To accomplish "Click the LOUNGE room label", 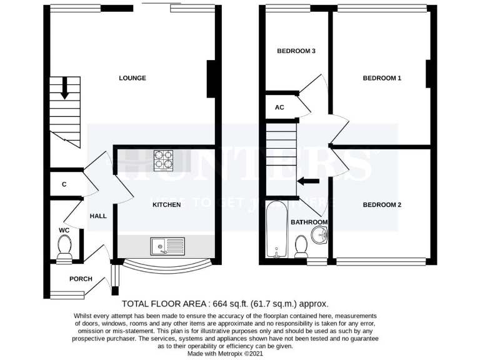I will pos(132,78).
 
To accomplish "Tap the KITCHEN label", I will pos(167,204).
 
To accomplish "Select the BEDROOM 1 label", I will pos(382,78).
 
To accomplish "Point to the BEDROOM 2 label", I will pos(382,204).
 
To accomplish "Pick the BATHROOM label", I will pos(309,222).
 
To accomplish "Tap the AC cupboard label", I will pos(279,107).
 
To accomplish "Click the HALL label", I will pos(98,216).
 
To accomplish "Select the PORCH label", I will pos(81,279).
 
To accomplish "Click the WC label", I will pos(64,230).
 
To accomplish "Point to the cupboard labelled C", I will pos(64,184).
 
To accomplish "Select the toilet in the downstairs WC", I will pos(64,251).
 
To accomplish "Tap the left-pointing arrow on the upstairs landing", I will pos(307,181).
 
